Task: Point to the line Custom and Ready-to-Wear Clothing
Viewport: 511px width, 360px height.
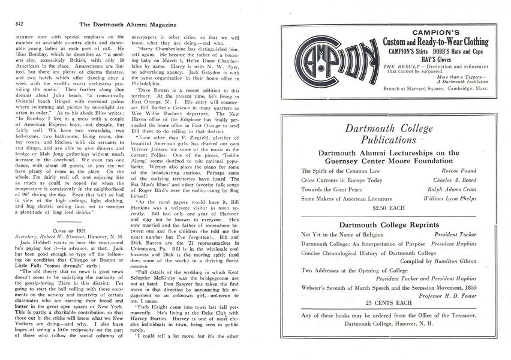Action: (x=435, y=42)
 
